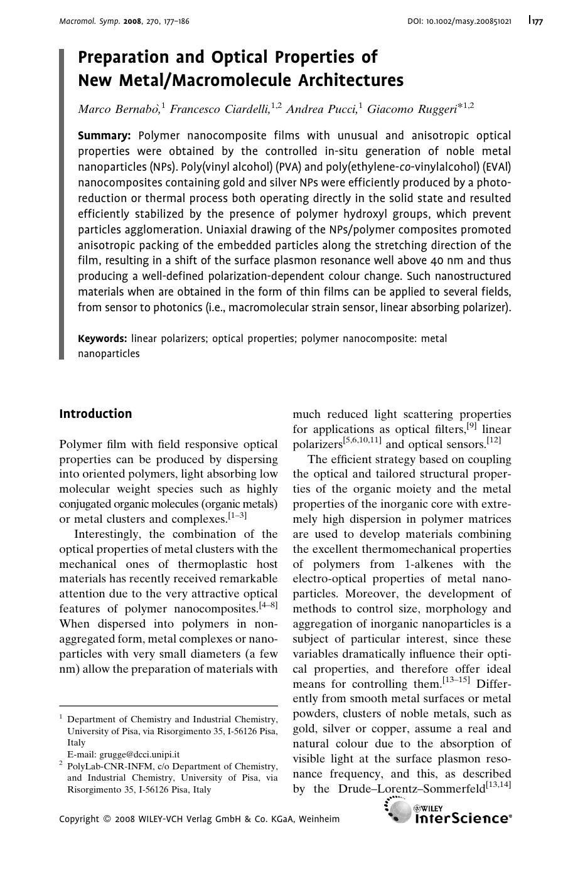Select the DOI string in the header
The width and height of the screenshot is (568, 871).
coord(459,21)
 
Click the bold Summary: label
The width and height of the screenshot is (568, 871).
coord(104,136)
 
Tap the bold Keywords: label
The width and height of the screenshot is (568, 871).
coord(102,339)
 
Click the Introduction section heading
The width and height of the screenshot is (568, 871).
coord(95,414)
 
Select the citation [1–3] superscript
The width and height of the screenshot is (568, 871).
coord(237,516)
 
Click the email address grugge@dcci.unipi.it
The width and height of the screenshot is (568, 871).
coord(124,754)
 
